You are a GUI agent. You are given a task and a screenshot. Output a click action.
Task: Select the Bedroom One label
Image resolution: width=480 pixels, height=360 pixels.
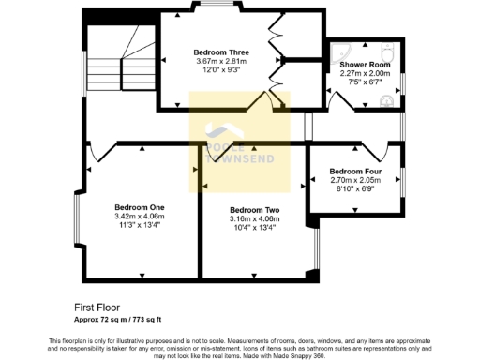(x=140, y=207)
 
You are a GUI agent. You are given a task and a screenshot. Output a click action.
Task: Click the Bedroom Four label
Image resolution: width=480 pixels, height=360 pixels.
(x=355, y=172)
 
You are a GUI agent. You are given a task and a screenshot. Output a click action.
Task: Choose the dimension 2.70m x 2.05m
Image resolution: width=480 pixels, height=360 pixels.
(x=355, y=181)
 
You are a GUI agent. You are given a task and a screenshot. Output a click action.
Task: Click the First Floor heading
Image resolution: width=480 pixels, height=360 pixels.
(x=97, y=307)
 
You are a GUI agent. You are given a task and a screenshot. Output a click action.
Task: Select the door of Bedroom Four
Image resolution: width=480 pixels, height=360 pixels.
(x=374, y=149)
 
